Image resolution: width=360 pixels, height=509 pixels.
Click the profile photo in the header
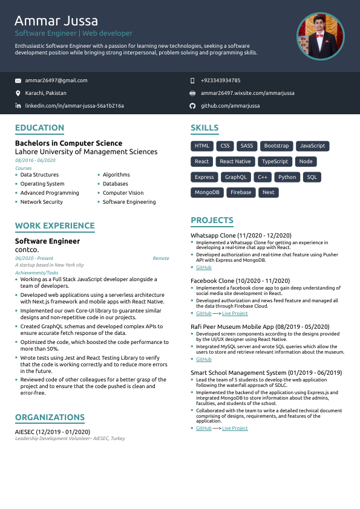click(x=320, y=36)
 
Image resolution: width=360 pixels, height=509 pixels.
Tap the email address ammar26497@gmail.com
click(x=56, y=80)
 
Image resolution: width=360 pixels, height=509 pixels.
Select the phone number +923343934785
click(x=220, y=80)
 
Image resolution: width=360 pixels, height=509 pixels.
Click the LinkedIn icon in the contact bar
click(x=18, y=106)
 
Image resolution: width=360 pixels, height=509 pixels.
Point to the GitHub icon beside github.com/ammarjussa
click(x=192, y=106)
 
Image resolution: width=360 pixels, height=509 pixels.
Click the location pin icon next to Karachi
click(x=18, y=93)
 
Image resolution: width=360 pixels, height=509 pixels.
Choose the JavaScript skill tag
click(x=313, y=146)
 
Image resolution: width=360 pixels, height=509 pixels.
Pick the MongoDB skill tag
click(x=207, y=192)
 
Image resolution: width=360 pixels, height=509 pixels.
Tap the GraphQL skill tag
click(x=236, y=177)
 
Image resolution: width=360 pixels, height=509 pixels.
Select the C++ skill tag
click(x=263, y=177)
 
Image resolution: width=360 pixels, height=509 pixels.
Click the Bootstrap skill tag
click(x=277, y=146)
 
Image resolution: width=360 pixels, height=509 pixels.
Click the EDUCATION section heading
click(x=39, y=128)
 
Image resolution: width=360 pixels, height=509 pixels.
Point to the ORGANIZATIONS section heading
click(x=50, y=417)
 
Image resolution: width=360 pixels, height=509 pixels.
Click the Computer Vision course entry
click(x=123, y=193)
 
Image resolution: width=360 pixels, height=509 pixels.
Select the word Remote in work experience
click(x=161, y=258)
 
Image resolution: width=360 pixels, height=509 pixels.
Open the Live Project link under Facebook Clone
click(x=235, y=314)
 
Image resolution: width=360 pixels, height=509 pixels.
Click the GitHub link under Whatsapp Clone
click(x=204, y=267)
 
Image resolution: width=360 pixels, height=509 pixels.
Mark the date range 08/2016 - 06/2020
click(x=35, y=160)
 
